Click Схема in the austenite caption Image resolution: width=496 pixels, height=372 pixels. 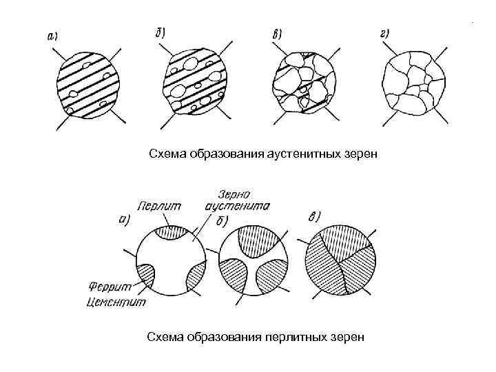[x=167, y=153]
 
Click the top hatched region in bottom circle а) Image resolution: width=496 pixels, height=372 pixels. [x=169, y=233]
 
